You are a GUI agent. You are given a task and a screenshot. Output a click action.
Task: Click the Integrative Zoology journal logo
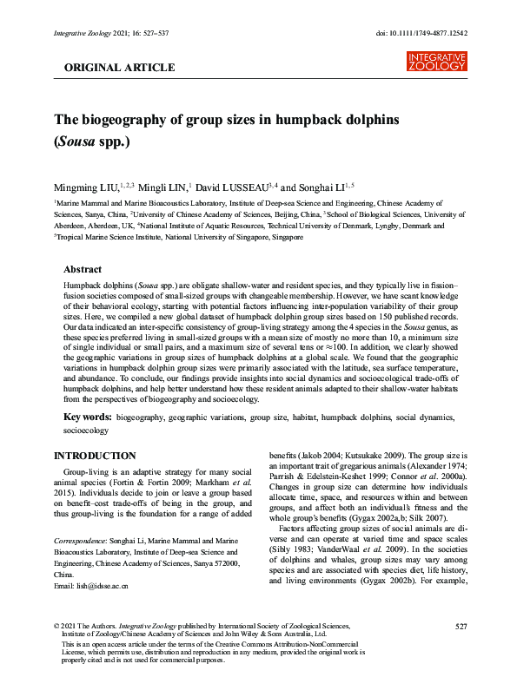tap(436, 61)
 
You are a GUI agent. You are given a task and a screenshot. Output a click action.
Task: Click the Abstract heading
tap(83, 270)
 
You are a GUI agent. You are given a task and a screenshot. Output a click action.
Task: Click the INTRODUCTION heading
tap(95, 456)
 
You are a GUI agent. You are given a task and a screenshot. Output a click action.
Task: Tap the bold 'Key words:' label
tap(88, 417)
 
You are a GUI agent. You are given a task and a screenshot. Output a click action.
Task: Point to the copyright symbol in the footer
tap(56, 626)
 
